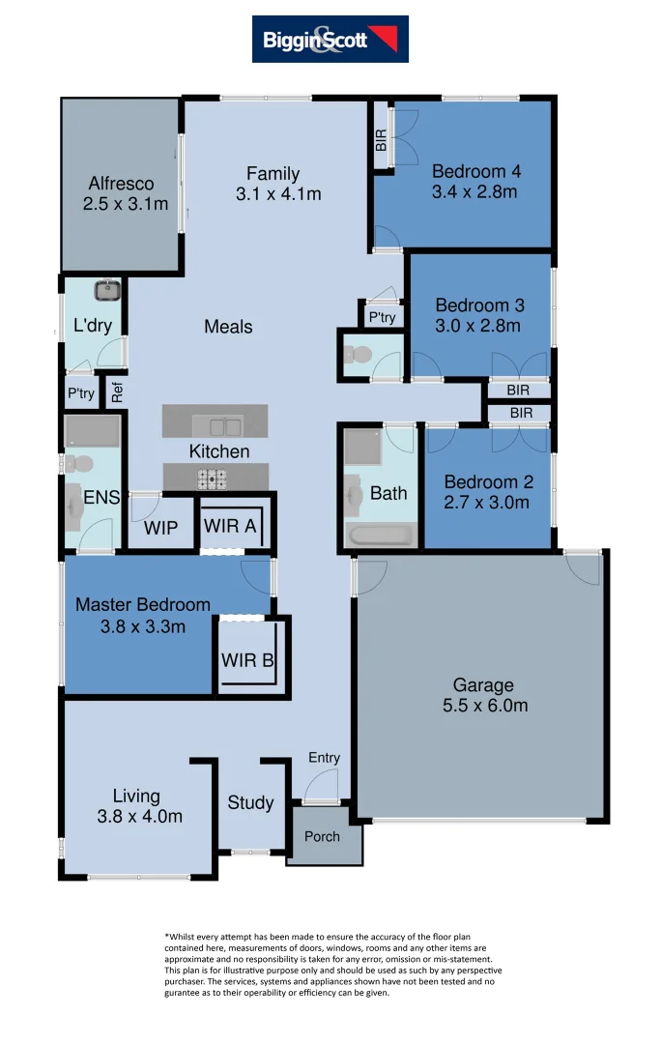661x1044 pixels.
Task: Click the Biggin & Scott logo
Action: [x=330, y=40]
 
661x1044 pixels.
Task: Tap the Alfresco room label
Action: [x=121, y=184]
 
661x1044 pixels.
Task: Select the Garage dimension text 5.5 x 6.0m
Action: [x=483, y=706]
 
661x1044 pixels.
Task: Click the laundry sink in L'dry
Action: [x=106, y=289]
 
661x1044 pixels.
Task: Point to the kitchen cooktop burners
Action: [x=212, y=478]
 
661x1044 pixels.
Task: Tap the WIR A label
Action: [x=229, y=528]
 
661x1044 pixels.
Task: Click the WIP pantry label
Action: [x=159, y=529]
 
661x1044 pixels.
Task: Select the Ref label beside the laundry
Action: [x=117, y=393]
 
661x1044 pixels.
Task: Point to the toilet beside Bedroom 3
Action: [x=355, y=356]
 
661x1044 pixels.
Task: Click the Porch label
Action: [x=323, y=836]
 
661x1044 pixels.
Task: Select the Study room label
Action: [x=250, y=803]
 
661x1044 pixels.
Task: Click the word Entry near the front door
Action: [x=324, y=758]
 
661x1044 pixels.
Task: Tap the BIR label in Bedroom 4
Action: [x=381, y=140]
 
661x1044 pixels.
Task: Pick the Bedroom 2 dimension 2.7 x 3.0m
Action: [x=486, y=503]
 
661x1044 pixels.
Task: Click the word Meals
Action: [x=228, y=327]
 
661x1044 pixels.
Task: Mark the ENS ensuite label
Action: [x=101, y=498]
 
